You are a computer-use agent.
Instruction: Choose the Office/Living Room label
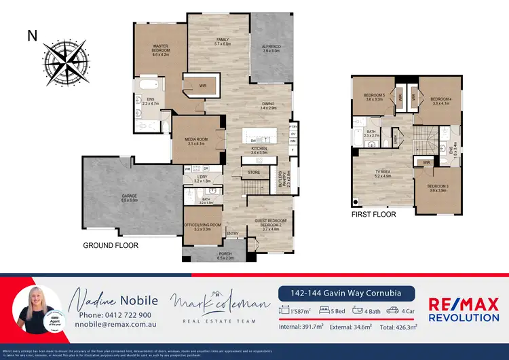click(x=203, y=227)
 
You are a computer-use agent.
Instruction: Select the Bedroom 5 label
click(x=374, y=96)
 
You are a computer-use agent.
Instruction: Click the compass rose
click(x=64, y=60)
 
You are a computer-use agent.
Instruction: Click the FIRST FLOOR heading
click(x=373, y=214)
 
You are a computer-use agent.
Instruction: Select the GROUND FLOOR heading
click(x=111, y=245)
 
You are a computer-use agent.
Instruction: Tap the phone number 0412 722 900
click(x=115, y=316)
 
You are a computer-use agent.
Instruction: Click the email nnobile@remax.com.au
click(x=115, y=326)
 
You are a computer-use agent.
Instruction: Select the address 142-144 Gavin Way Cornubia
click(x=347, y=293)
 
